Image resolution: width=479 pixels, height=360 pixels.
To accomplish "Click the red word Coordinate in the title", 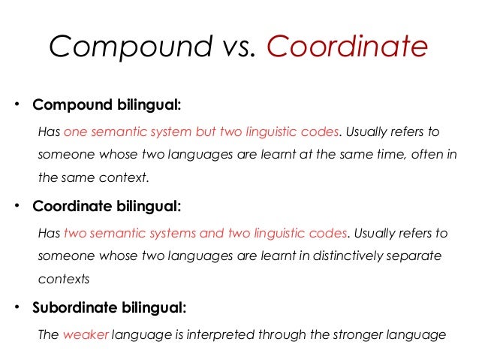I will pos(348,47).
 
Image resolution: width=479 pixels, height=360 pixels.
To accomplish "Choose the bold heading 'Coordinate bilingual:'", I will pos(107,205).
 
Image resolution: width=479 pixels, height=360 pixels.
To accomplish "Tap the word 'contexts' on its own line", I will pos(63,279).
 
